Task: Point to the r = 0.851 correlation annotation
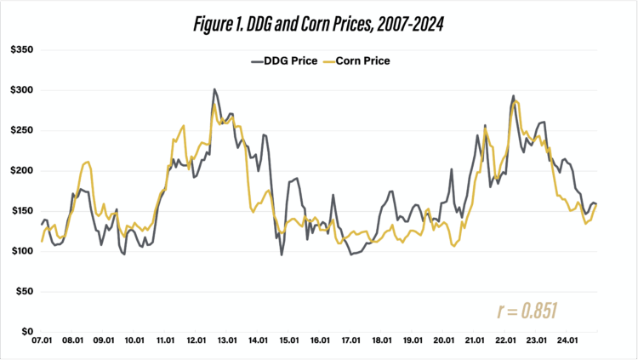tap(527, 311)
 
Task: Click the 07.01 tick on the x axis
tap(42, 346)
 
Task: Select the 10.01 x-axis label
tap(134, 346)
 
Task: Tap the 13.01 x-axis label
tap(226, 346)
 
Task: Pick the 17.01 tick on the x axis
tap(350, 346)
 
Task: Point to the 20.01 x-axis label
tap(442, 346)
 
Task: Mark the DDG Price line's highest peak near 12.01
tap(214, 89)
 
